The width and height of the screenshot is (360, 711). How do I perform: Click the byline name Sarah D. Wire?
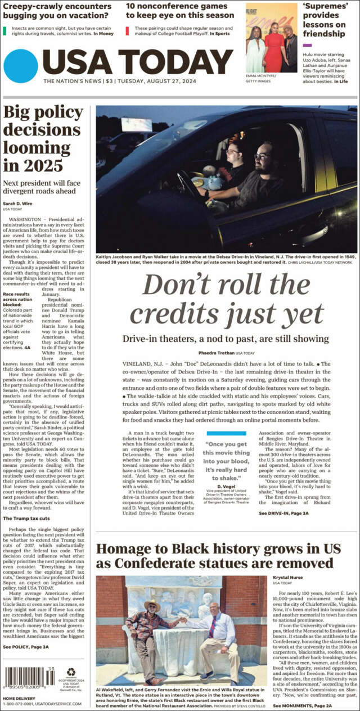click(x=19, y=203)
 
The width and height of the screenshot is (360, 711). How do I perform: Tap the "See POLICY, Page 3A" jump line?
click(x=26, y=647)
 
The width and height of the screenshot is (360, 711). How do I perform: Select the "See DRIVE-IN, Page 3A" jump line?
click(x=283, y=514)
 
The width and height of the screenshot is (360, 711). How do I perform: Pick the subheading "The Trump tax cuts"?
click(x=26, y=518)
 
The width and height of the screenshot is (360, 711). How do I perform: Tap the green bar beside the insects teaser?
click(x=4, y=30)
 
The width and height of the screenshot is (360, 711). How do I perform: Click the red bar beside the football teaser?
click(x=127, y=30)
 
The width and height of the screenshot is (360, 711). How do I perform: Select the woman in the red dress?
click(x=274, y=45)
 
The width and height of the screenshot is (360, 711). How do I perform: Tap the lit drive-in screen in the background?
click(x=137, y=124)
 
